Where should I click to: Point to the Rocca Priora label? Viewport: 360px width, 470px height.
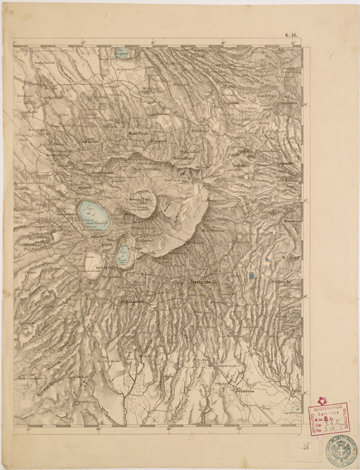point(185,159)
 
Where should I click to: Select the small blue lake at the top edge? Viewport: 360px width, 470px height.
point(122,53)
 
